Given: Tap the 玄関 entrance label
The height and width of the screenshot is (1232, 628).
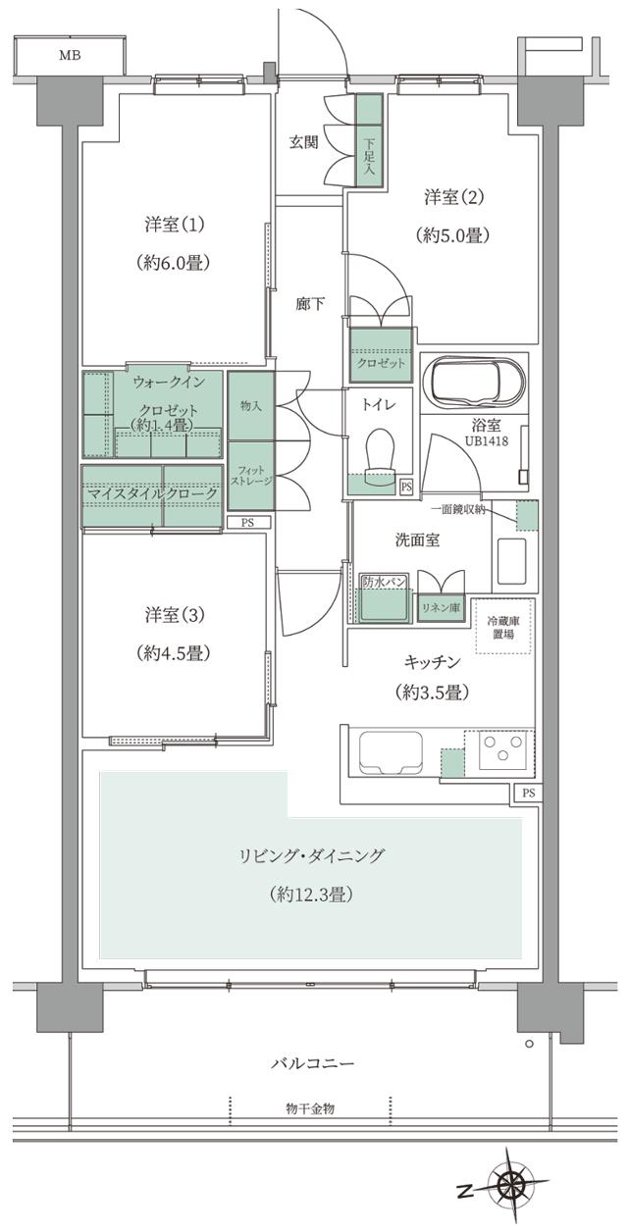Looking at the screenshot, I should [303, 142].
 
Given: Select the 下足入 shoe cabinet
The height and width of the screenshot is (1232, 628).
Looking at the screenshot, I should [368, 138].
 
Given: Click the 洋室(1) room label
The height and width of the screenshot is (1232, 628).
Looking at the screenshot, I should [174, 226].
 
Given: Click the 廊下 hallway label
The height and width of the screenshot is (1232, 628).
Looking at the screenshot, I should [310, 304].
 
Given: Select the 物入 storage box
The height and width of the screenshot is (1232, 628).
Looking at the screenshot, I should [250, 405].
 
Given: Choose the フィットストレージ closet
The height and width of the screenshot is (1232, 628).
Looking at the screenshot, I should [250, 476].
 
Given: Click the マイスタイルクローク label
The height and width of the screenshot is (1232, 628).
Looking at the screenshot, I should [153, 492].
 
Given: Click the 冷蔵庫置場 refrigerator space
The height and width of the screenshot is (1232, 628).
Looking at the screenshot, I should [505, 627].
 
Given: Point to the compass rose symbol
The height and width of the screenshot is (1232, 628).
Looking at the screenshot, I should [511, 1186].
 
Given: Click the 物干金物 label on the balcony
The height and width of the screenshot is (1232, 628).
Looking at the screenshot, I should [310, 1108].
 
